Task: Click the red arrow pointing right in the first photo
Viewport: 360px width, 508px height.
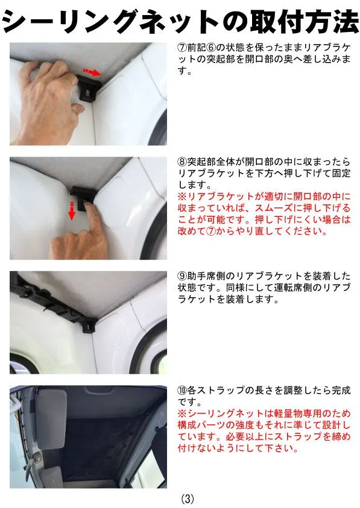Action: [x=92, y=72]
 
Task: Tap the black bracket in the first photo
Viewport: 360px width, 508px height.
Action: [x=89, y=89]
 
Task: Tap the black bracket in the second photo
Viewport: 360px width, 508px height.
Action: [x=83, y=195]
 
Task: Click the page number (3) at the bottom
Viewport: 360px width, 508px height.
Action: [x=188, y=498]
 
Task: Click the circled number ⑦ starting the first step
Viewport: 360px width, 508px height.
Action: [x=182, y=48]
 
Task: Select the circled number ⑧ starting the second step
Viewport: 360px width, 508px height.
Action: [x=182, y=161]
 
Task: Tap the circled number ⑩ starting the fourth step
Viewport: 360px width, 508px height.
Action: [x=182, y=390]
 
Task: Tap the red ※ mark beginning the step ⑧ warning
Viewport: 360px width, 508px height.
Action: [x=182, y=196]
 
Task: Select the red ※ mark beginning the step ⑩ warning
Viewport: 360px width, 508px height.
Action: [x=182, y=413]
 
